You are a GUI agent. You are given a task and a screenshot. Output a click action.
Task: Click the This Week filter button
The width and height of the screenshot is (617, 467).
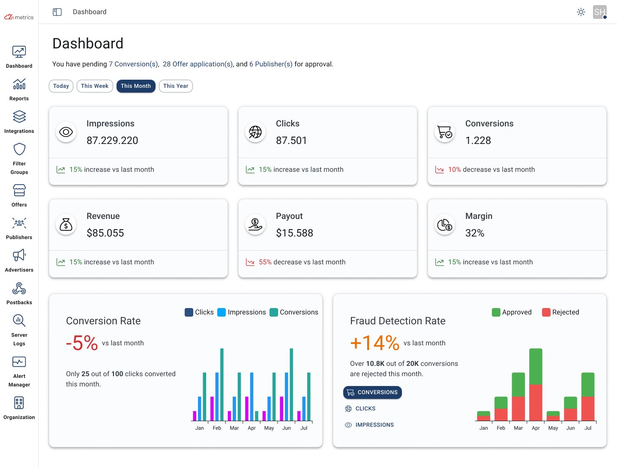(x=95, y=86)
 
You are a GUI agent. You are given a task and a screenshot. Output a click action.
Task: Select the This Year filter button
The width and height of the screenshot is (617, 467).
(x=176, y=86)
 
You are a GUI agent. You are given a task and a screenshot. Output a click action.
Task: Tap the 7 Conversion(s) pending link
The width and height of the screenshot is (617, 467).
(x=133, y=64)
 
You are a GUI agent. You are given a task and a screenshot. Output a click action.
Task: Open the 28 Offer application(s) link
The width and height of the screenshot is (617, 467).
(x=198, y=64)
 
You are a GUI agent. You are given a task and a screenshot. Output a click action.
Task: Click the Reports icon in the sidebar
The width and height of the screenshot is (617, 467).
(x=19, y=84)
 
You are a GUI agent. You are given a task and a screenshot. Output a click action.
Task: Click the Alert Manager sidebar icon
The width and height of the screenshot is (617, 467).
(x=19, y=362)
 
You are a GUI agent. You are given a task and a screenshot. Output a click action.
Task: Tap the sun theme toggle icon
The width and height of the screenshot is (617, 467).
(x=581, y=12)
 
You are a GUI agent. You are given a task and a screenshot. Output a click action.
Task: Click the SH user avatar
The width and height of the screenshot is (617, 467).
(x=599, y=12)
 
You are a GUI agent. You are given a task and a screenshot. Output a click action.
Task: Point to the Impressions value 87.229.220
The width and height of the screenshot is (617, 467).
(x=112, y=141)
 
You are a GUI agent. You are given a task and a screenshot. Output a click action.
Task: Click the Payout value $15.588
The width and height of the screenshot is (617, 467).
(x=294, y=233)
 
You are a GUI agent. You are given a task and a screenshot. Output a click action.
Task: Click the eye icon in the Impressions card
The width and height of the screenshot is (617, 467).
(x=66, y=132)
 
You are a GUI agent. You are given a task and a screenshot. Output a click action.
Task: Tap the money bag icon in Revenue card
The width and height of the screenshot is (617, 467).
(x=66, y=225)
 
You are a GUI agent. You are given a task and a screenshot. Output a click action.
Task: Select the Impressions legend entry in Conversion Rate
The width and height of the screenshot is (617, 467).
(x=242, y=312)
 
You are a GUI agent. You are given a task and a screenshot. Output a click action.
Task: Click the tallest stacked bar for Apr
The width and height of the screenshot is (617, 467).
(x=536, y=384)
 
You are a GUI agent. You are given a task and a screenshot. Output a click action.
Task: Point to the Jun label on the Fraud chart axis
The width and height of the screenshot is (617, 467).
(x=570, y=428)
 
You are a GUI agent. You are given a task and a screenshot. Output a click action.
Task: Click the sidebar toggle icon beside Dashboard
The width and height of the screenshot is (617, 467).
(x=57, y=12)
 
